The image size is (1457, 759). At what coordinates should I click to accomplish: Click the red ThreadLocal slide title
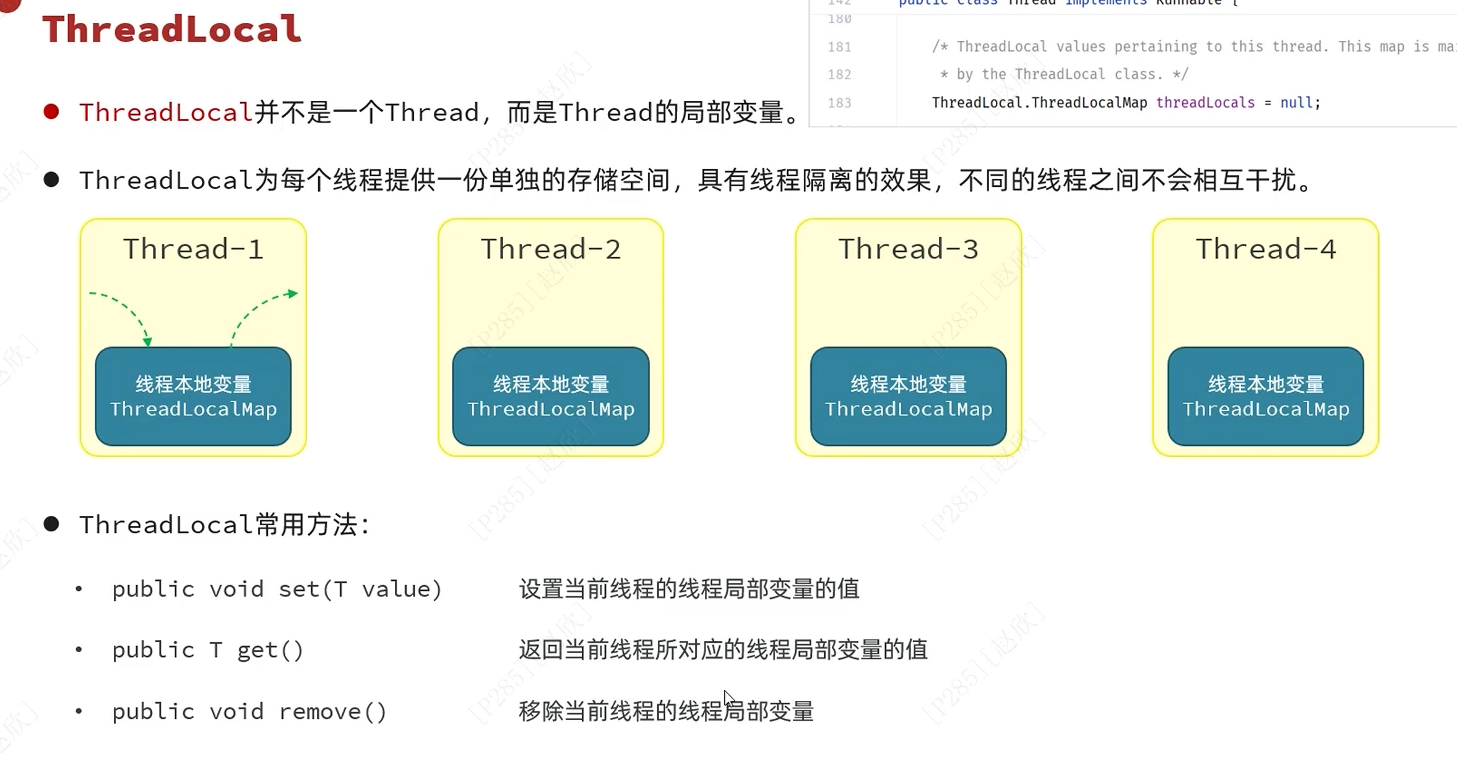point(171,29)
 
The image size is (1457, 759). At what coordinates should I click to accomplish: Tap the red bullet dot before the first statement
point(51,111)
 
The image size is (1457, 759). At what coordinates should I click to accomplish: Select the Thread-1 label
point(193,249)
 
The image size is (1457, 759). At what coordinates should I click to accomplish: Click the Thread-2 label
point(551,249)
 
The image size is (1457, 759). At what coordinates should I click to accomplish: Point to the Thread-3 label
point(908,249)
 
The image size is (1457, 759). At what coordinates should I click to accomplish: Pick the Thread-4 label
point(1266,249)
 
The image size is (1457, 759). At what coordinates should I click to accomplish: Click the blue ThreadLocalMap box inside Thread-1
point(193,396)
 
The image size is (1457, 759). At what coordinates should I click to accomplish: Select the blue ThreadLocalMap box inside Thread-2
point(551,396)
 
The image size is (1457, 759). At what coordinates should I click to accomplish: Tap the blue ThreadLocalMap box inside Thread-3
point(908,396)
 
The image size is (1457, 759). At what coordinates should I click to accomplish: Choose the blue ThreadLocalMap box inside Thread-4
point(1266,396)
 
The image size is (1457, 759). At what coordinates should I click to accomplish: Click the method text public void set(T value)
point(277,589)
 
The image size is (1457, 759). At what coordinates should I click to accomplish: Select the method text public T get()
point(207,650)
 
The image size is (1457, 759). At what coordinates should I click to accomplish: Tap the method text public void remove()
point(249,711)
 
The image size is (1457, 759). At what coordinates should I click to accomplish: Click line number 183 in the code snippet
point(839,103)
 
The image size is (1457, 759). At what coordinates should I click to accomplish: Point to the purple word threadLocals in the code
point(1205,103)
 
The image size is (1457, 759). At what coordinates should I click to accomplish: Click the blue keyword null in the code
point(1296,103)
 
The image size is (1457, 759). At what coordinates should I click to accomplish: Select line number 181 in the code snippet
point(839,46)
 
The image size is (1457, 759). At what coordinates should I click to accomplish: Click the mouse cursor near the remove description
point(728,698)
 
